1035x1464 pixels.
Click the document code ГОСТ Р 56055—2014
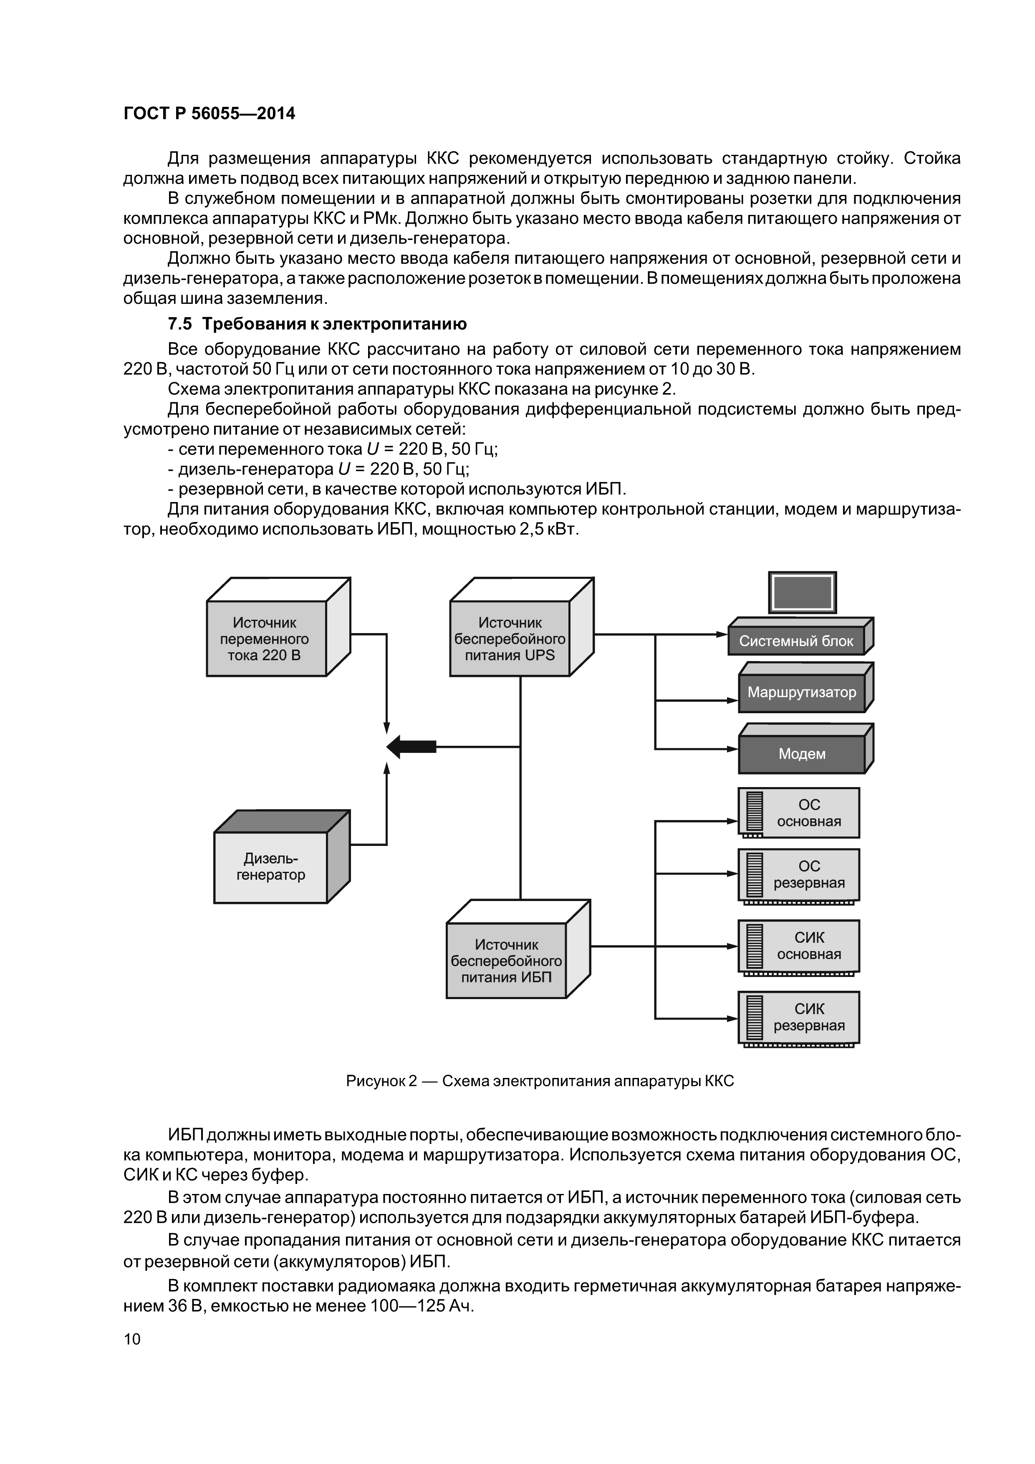pos(209,114)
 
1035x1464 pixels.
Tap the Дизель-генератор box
pos(270,866)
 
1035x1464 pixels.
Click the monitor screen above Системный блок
pos(802,592)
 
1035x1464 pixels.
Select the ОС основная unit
pos(799,813)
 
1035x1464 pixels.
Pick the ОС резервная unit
pos(799,874)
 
